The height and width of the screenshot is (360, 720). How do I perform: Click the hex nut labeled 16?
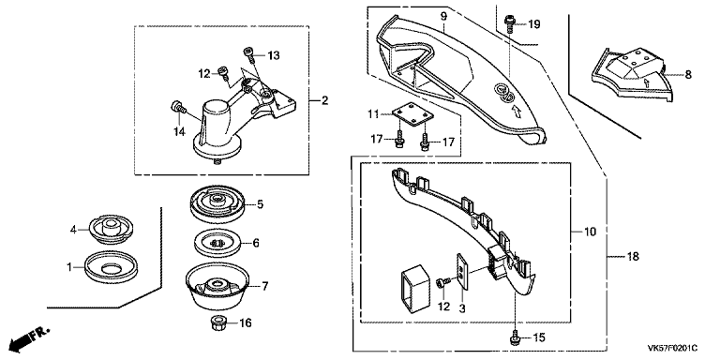tap(217, 322)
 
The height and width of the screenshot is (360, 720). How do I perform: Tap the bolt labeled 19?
tap(509, 23)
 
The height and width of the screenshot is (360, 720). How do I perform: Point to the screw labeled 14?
tap(178, 109)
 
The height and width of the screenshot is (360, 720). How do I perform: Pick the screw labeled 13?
tap(248, 53)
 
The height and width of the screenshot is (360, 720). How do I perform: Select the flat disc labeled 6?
tap(217, 243)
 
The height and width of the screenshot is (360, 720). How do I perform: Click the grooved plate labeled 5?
tap(217, 204)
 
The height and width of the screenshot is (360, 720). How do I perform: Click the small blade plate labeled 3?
tap(463, 272)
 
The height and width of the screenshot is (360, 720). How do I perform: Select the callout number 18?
tap(633, 257)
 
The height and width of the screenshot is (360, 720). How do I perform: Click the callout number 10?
tap(590, 232)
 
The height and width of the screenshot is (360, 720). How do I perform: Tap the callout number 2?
tap(324, 100)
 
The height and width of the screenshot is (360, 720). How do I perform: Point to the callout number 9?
tap(443, 17)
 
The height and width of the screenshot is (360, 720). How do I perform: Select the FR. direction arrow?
tap(29, 338)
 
